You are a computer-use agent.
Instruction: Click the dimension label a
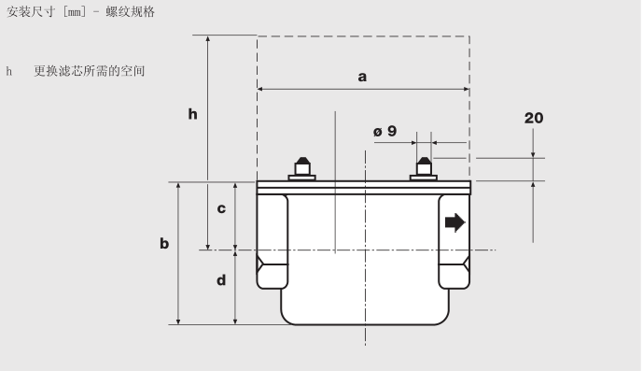coord(362,77)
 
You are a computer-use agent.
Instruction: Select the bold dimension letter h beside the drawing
coord(193,114)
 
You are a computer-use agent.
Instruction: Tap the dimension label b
coord(164,243)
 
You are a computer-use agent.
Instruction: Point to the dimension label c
coord(221,208)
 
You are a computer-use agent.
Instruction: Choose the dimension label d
coord(221,279)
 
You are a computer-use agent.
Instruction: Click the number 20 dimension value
coord(534,118)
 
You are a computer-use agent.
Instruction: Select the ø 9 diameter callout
coord(385,131)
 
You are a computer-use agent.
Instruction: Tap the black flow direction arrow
coord(455,222)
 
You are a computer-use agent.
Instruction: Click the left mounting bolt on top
coord(302,169)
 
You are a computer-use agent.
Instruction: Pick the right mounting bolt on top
coord(424,169)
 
